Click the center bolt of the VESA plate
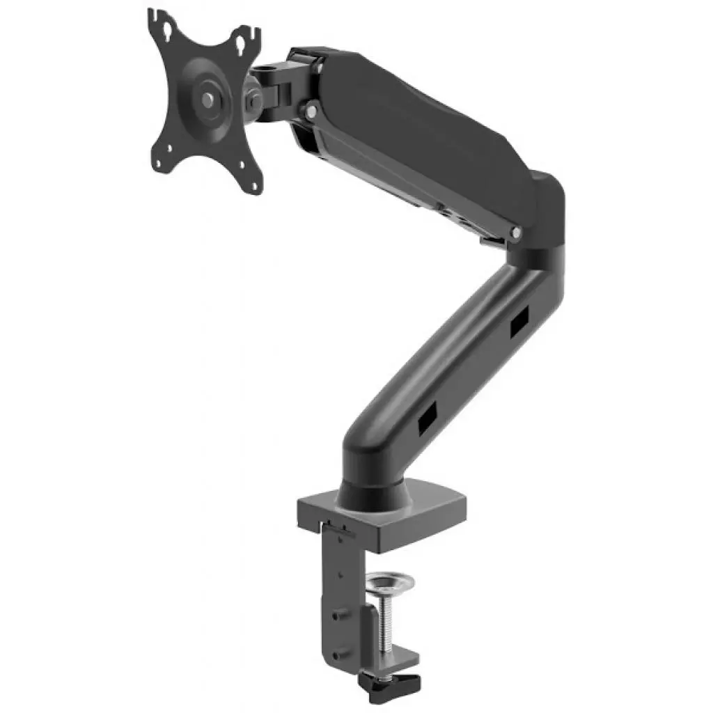(208, 98)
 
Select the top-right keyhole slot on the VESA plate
(244, 42)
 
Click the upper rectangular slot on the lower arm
(519, 323)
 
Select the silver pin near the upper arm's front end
(312, 109)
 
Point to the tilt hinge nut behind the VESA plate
(251, 98)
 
